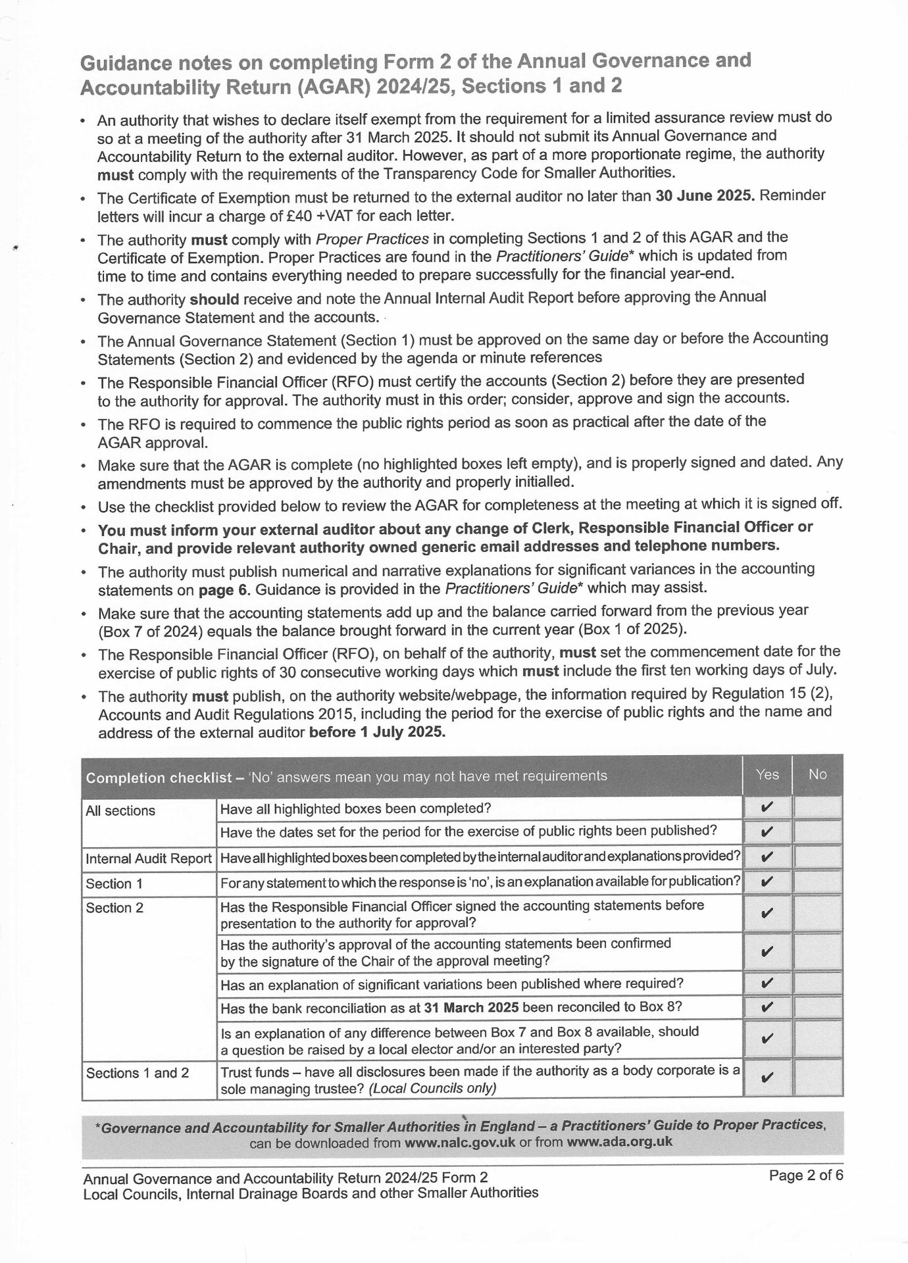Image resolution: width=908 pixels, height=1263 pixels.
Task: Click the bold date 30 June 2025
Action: [x=705, y=196]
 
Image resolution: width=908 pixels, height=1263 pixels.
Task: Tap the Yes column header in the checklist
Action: [x=767, y=774]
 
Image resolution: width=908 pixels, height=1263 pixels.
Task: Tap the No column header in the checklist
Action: [x=817, y=774]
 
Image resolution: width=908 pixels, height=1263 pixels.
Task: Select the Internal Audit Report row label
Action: [x=149, y=858]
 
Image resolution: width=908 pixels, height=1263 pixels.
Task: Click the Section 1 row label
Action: [x=114, y=883]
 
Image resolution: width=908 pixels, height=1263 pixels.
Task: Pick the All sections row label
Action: [x=120, y=810]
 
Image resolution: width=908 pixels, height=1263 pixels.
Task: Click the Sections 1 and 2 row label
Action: [x=138, y=1073]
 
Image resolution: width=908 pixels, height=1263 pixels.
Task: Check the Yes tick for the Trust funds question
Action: [x=767, y=1078]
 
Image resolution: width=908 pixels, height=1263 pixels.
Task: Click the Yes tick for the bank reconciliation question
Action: [x=767, y=1007]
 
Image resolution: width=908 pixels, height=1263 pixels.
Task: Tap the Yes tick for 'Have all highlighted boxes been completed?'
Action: [x=767, y=807]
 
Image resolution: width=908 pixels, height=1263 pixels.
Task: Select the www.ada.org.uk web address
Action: [x=619, y=1141]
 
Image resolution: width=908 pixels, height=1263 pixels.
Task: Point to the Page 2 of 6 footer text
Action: [x=805, y=1176]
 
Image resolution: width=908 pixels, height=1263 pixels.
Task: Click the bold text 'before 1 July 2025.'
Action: [x=377, y=732]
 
